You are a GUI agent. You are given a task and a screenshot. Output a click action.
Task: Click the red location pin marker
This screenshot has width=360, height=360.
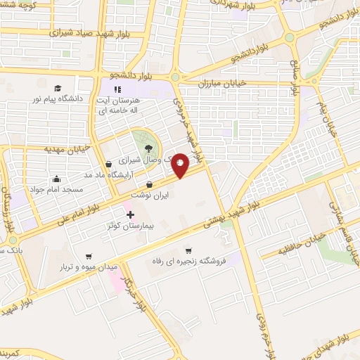(x=181, y=165)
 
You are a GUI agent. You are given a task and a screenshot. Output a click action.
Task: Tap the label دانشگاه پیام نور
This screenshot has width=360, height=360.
(x=60, y=98)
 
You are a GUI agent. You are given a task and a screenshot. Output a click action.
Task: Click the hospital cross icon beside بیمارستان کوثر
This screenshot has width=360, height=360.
(x=129, y=214)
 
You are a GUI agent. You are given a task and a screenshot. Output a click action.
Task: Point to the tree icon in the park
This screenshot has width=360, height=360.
(x=149, y=147)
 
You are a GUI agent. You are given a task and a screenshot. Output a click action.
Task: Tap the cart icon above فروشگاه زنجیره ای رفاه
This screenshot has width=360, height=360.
(x=188, y=250)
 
